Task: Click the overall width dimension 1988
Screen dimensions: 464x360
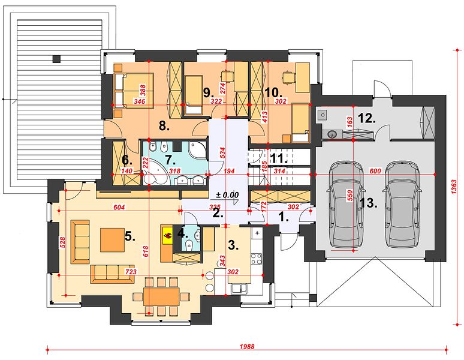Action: coord(247,346)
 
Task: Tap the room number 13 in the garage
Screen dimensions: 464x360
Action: coord(369,203)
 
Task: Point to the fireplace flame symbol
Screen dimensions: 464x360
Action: coord(167,235)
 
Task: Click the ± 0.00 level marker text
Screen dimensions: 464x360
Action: coord(227,195)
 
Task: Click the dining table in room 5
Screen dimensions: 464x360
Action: coord(161,296)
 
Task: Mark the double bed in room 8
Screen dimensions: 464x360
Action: coord(134,90)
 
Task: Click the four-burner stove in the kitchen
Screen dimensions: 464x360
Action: coord(256,259)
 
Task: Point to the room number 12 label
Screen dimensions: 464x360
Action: coord(367,119)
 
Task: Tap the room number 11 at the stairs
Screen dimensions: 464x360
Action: coord(279,158)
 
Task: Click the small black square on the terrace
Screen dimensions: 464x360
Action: coord(56,59)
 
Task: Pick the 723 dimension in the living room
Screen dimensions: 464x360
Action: coord(131,271)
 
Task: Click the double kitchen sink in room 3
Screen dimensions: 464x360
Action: coord(240,289)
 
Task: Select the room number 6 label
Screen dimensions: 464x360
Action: coord(127,160)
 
